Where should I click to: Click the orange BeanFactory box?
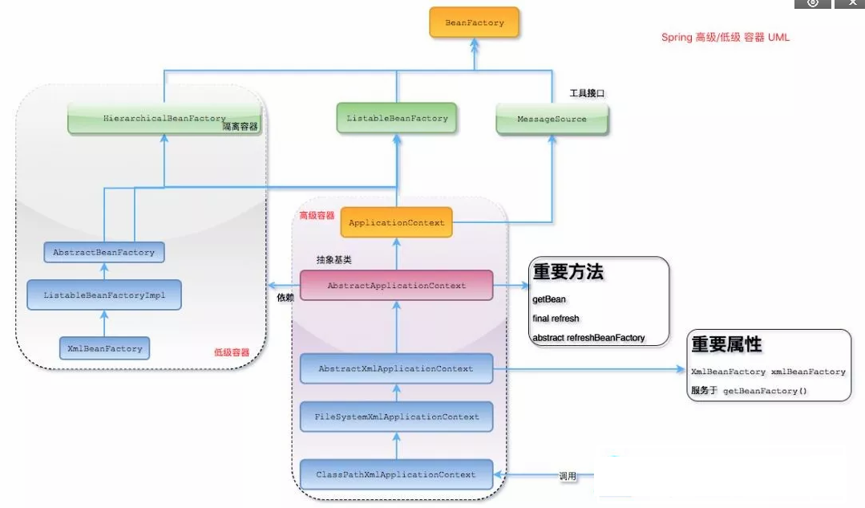pyautogui.click(x=475, y=23)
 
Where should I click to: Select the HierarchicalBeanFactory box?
pyautogui.click(x=164, y=119)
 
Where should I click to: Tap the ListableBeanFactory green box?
pyautogui.click(x=397, y=119)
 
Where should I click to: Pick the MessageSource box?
pyautogui.click(x=552, y=120)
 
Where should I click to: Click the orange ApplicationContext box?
pyautogui.click(x=397, y=223)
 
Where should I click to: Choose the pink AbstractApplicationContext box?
pyautogui.click(x=396, y=286)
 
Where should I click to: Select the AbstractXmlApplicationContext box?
pyautogui.click(x=396, y=369)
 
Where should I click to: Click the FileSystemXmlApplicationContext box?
pyautogui.click(x=397, y=417)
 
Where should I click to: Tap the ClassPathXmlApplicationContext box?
pyautogui.click(x=396, y=475)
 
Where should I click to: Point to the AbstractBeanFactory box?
pyautogui.click(x=103, y=253)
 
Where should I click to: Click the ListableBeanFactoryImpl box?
pyautogui.click(x=103, y=295)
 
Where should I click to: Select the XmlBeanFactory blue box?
pyautogui.click(x=104, y=349)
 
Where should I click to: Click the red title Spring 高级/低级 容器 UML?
pyautogui.click(x=725, y=38)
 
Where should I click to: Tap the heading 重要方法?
pyautogui.click(x=568, y=272)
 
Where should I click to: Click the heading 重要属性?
pyautogui.click(x=726, y=345)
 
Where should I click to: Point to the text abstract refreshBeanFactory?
pyautogui.click(x=588, y=338)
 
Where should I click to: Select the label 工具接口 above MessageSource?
pyautogui.click(x=587, y=94)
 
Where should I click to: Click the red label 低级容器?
pyautogui.click(x=232, y=352)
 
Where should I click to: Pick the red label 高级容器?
pyautogui.click(x=317, y=216)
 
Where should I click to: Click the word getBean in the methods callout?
pyautogui.click(x=549, y=299)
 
